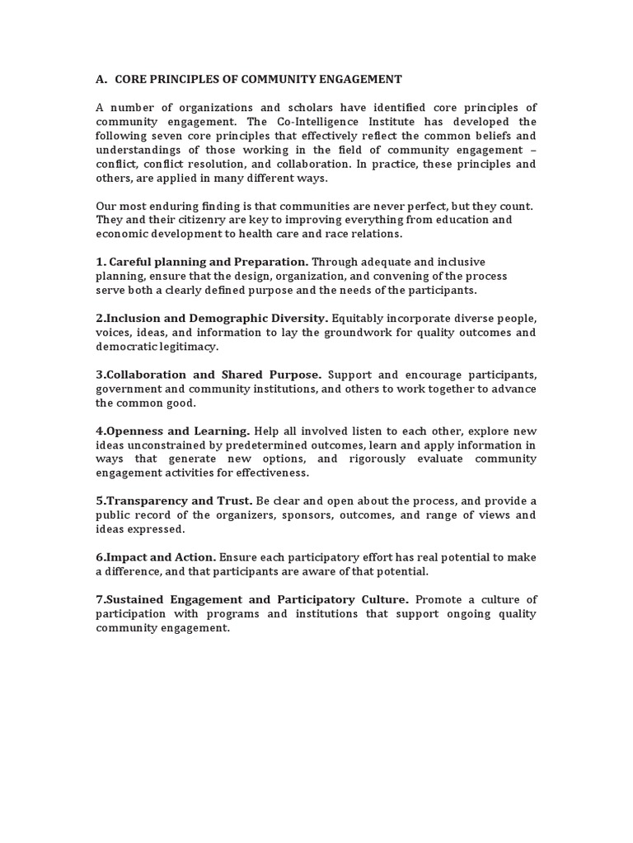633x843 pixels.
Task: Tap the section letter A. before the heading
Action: (102, 80)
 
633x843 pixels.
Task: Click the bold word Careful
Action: (133, 262)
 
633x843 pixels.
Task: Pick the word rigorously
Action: (376, 459)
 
